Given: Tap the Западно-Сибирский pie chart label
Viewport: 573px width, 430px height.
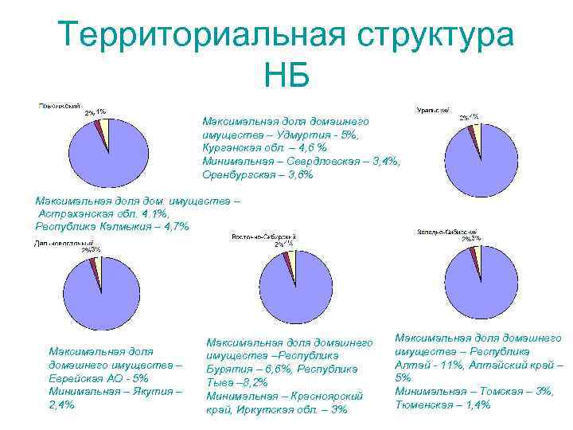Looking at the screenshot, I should click(445, 232).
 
